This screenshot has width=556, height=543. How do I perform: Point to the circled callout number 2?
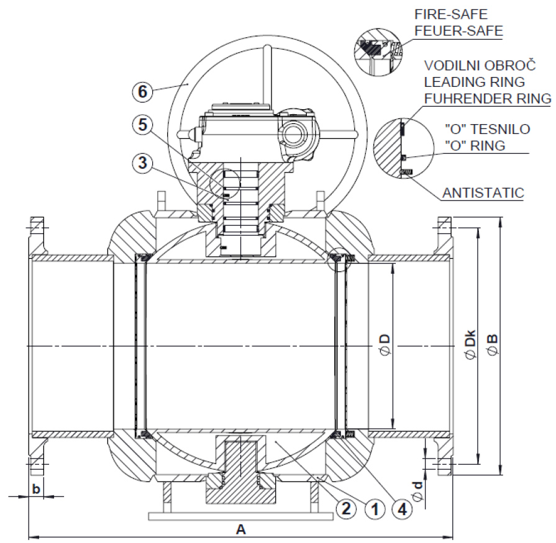coord(345,509)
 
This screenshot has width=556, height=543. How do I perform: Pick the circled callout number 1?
coord(374,509)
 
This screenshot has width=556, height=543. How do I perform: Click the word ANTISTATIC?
coord(483,194)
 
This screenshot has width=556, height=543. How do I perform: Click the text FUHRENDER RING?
coord(487,97)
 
